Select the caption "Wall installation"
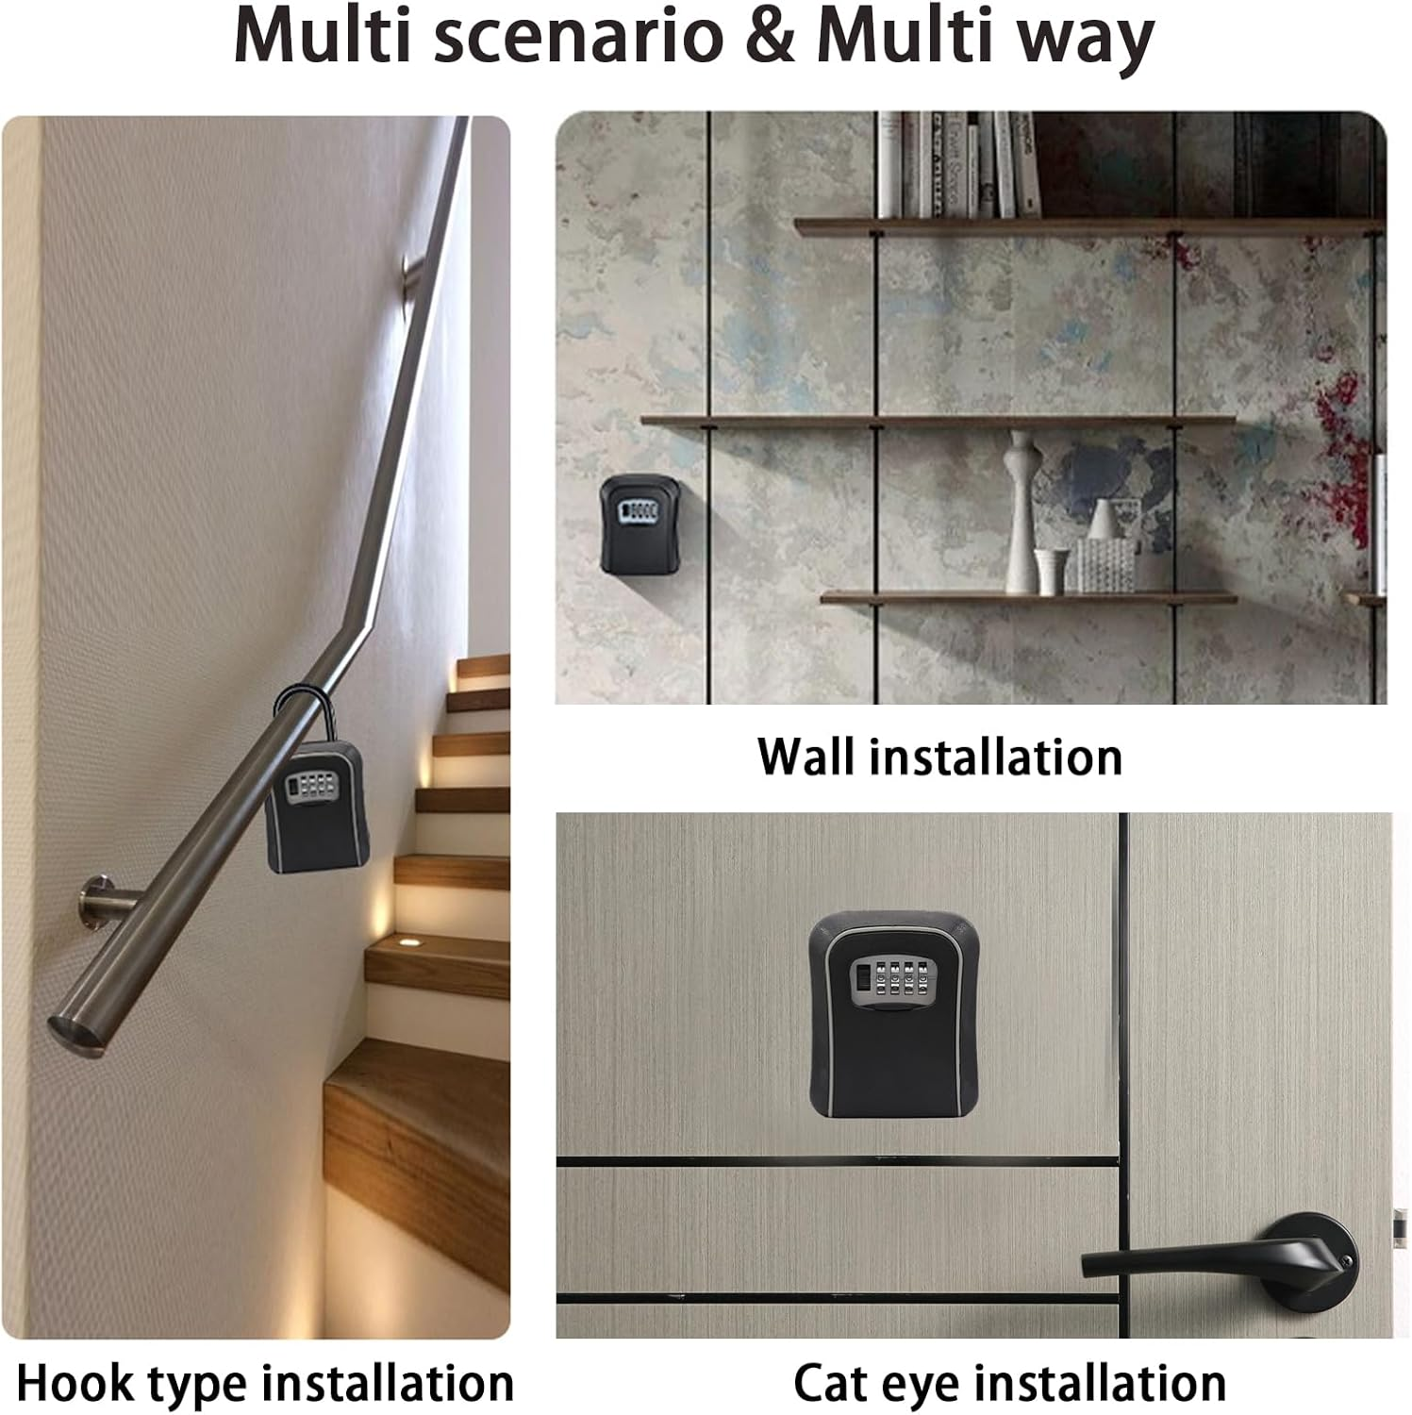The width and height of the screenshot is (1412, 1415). [939, 757]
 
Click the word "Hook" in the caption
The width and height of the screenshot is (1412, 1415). [75, 1383]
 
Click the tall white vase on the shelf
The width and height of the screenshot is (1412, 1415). [1022, 509]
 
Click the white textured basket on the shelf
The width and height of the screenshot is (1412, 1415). [1105, 563]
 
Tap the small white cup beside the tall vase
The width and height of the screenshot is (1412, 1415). [1051, 571]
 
